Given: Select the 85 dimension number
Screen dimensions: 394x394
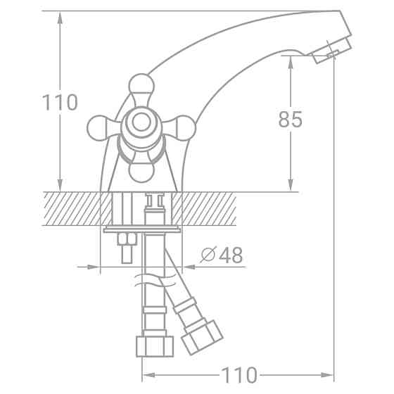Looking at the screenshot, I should [x=290, y=120].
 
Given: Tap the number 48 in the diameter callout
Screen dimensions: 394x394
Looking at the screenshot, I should [x=231, y=255].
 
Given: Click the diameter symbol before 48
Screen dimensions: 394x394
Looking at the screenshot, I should [x=208, y=255].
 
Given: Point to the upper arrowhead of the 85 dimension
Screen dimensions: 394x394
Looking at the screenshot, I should [x=290, y=59].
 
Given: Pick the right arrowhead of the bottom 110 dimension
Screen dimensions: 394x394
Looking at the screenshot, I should [x=328, y=374].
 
